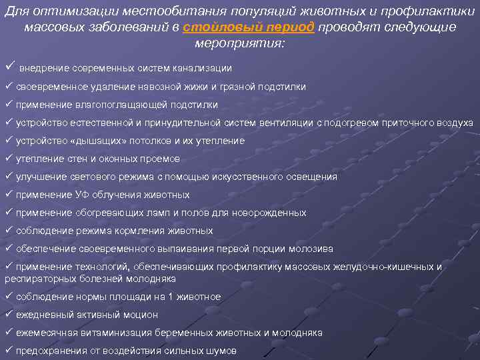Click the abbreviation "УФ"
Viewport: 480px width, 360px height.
click(x=82, y=195)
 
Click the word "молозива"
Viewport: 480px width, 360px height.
click(x=311, y=249)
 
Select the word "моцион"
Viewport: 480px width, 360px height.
click(x=141, y=315)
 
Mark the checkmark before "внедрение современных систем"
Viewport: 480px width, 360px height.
click(x=9, y=67)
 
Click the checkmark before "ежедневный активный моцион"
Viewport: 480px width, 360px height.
click(x=9, y=313)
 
